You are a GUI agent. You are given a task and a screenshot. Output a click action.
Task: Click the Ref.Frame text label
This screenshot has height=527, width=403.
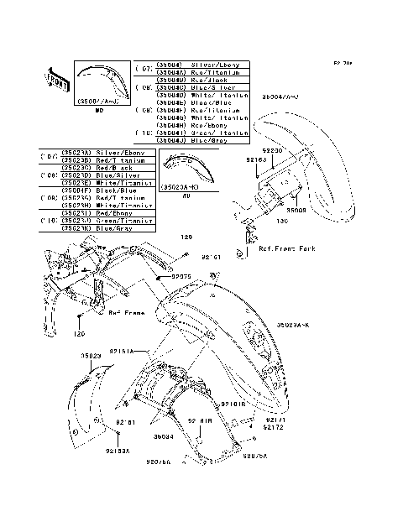click(128, 313)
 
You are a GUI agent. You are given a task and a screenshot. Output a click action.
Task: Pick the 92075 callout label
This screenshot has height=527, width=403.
click(182, 275)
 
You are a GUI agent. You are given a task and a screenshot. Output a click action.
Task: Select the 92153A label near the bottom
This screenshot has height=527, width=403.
click(118, 451)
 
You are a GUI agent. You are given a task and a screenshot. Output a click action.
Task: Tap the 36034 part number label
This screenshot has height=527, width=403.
click(164, 436)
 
